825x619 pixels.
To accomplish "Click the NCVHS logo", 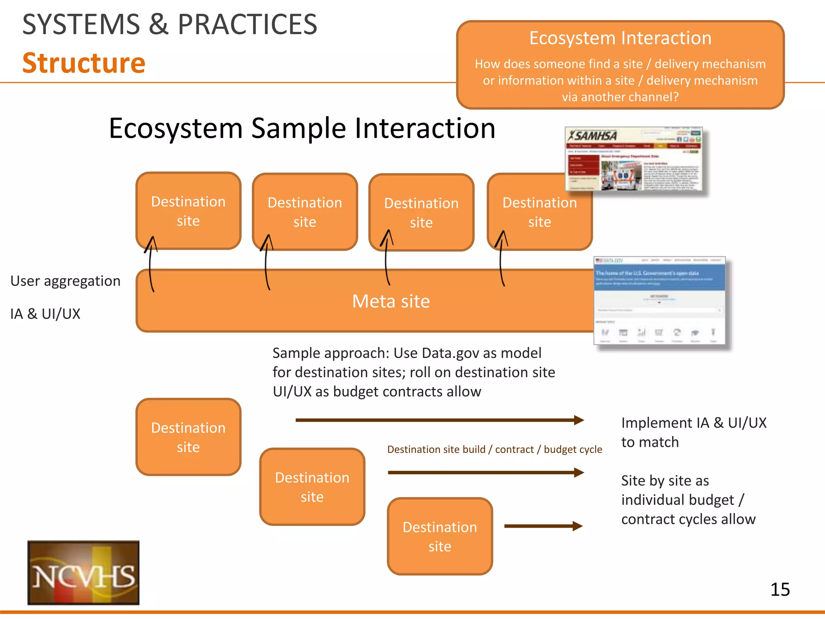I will (83, 572).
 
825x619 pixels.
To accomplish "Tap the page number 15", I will (779, 590).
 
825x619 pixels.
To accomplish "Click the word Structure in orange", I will (84, 63).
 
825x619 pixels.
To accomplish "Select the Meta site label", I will (391, 301).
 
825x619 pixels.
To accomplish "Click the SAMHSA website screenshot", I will (634, 160).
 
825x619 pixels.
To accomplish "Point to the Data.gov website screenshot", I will (659, 300).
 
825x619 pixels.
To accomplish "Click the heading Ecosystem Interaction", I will (620, 38).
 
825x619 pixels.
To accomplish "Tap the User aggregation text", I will (65, 281).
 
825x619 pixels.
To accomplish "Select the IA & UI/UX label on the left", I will (45, 314).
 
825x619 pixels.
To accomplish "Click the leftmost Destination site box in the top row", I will (188, 211).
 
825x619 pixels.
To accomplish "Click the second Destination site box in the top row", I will (305, 212).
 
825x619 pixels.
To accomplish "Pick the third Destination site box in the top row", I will (421, 212).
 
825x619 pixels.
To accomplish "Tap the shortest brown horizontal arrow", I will (543, 526).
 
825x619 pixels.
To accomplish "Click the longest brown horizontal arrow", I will (439, 420).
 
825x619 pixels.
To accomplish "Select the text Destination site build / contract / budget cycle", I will (494, 449).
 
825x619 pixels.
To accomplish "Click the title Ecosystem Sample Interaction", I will (302, 128).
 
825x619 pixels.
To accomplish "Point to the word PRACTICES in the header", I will (247, 25).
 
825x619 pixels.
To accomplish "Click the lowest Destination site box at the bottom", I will (439, 536).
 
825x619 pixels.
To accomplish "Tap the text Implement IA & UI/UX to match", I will (693, 432).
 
